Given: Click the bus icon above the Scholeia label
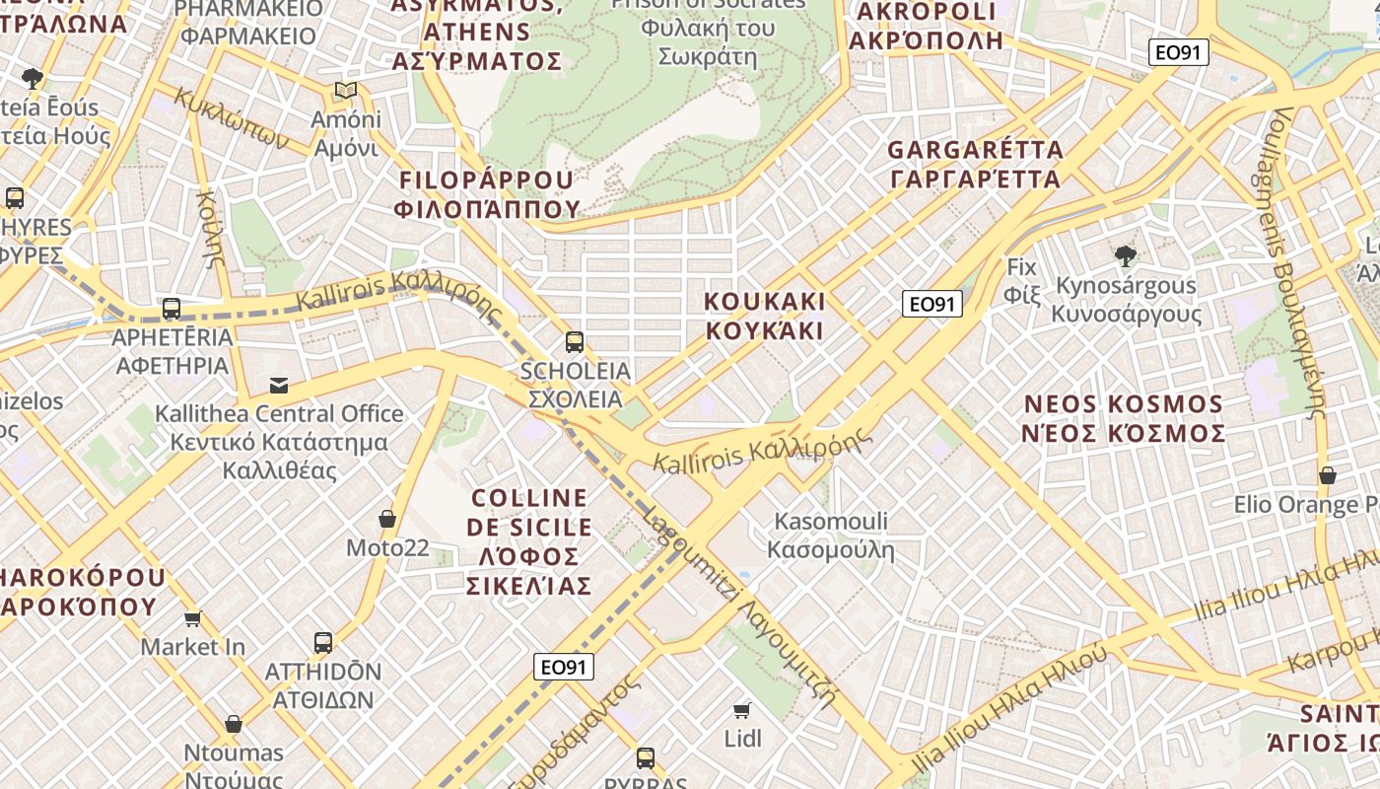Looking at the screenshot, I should coord(575,342).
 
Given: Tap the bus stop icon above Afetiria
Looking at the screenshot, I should coord(172,309).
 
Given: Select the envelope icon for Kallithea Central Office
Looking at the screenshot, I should coord(279,385).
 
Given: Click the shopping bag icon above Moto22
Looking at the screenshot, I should coord(387,519).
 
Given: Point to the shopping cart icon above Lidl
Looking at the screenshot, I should coord(742,710).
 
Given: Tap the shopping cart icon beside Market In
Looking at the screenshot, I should coord(193,618).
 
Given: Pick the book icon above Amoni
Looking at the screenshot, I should coord(345,91).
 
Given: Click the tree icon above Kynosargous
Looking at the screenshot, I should coord(1125,256).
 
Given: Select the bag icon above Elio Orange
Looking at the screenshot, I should coord(1328,475).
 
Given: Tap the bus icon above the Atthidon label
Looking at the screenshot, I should coord(322,643).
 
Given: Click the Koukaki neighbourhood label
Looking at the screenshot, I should coord(765,316).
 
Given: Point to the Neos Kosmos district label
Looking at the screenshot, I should coord(1124,418).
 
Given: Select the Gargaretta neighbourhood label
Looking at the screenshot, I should coord(975,165).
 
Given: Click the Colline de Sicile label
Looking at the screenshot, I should coord(530,541).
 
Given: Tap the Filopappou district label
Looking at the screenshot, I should coord(487,194).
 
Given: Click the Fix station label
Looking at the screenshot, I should coord(1021,280).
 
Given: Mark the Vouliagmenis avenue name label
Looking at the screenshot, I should coord(1297,262).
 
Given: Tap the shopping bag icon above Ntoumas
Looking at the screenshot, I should coord(234,725).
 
